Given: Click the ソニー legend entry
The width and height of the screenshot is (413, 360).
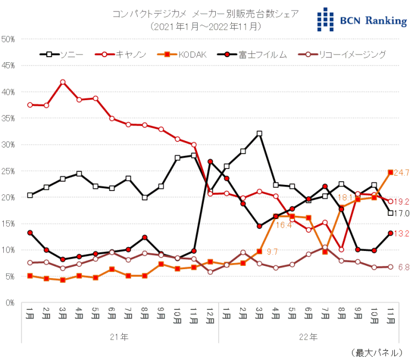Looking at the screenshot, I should (x=61, y=54).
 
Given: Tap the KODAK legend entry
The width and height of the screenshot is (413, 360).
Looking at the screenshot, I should (x=182, y=54).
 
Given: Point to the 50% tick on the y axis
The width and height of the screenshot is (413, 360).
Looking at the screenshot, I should (x=9, y=39).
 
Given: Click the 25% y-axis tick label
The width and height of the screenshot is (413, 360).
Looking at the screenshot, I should (x=9, y=171).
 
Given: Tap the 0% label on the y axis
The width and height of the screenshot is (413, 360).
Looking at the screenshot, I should (x=10, y=303).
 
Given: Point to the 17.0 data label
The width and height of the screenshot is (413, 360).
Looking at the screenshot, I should (x=403, y=213).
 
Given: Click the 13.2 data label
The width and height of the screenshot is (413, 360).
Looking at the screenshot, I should (x=403, y=233).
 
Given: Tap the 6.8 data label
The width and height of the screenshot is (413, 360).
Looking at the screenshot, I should (x=404, y=267).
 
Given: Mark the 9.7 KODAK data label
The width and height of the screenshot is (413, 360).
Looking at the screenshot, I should (x=272, y=252).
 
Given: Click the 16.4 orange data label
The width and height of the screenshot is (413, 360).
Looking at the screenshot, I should (x=283, y=225).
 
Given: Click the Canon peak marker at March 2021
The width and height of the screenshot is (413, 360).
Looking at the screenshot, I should (x=63, y=82).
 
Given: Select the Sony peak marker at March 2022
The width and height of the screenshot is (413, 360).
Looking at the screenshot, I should (x=259, y=133).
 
